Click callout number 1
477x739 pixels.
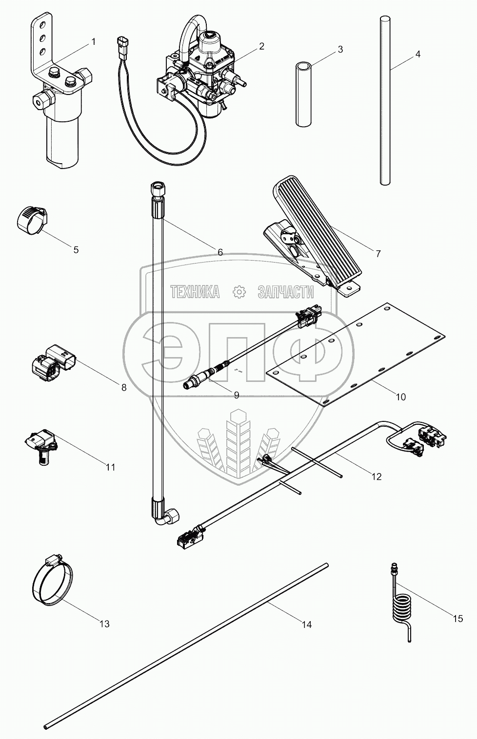tap(94, 42)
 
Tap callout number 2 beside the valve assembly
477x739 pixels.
tap(261, 46)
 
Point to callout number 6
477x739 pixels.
tap(220, 252)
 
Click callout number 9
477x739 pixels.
tap(236, 395)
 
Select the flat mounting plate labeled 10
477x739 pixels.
tap(356, 356)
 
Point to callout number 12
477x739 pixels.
tap(376, 477)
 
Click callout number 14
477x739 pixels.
tap(306, 625)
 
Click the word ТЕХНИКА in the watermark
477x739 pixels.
tap(195, 292)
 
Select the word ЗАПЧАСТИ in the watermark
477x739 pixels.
tap(285, 292)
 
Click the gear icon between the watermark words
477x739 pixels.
tap(239, 292)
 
